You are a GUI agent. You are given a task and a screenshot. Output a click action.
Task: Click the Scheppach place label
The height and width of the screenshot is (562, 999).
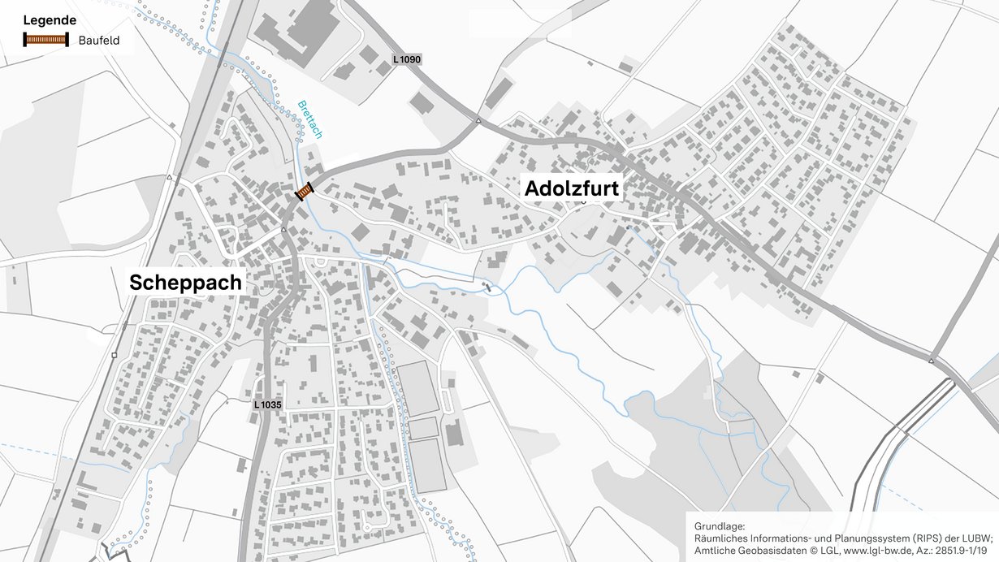pyautogui.click(x=185, y=283)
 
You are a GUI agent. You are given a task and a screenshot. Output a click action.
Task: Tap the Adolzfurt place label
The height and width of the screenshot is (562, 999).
pyautogui.click(x=572, y=189)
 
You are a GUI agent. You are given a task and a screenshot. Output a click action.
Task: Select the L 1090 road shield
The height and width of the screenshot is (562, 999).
pyautogui.click(x=407, y=59)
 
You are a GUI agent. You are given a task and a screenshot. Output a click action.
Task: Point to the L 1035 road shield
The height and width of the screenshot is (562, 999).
pyautogui.click(x=267, y=404)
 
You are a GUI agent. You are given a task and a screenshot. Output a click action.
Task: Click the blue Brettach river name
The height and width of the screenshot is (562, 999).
pyautogui.click(x=309, y=119)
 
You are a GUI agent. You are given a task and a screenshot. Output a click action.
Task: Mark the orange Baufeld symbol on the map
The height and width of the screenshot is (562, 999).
pyautogui.click(x=305, y=191)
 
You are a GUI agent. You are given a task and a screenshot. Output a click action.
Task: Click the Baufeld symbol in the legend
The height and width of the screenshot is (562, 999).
pyautogui.click(x=45, y=39)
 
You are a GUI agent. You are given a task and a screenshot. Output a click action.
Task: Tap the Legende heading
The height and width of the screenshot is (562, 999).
pyautogui.click(x=50, y=20)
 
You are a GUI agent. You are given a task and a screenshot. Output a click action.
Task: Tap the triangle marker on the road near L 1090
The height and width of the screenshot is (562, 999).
pyautogui.click(x=478, y=122)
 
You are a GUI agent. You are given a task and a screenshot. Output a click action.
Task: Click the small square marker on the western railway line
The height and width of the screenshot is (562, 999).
pyautogui.click(x=115, y=355)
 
